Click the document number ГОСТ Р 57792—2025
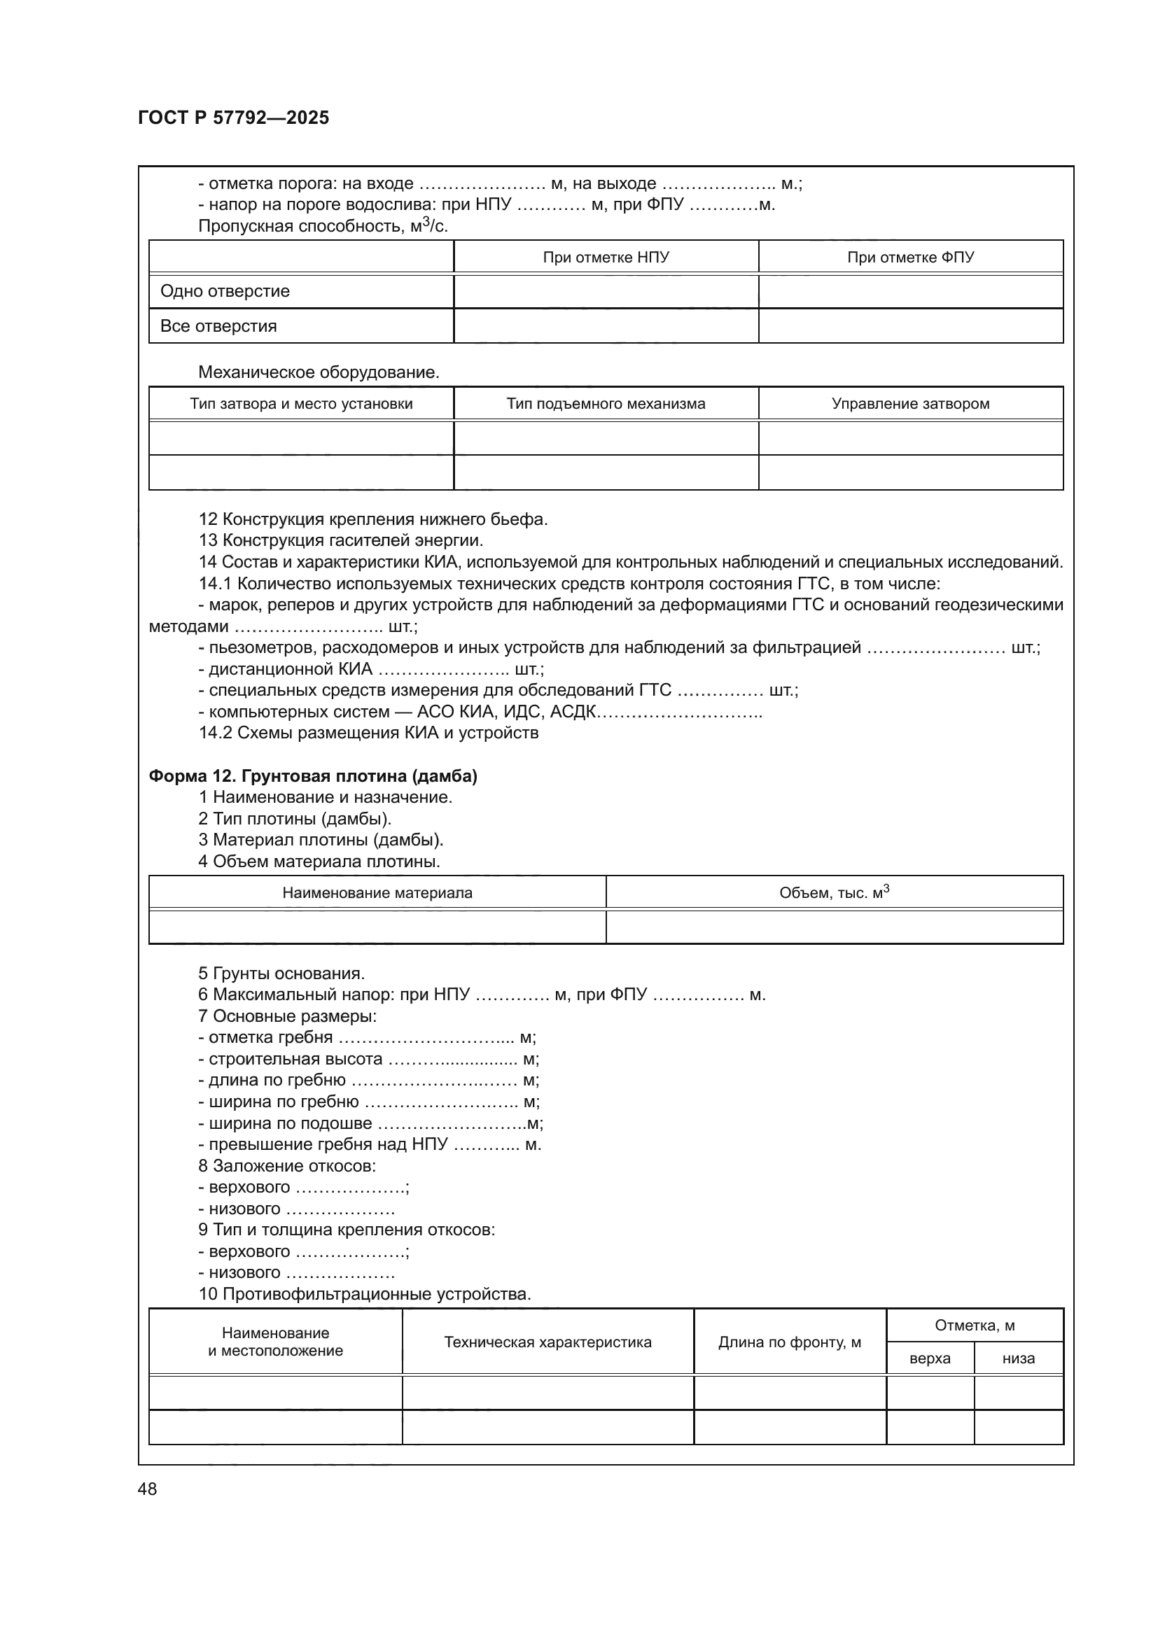pos(233,118)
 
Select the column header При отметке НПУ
pos(606,258)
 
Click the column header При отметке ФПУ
pos(910,258)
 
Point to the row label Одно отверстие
pos(225,291)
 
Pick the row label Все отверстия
pos(218,326)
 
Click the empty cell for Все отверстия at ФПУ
pos(910,326)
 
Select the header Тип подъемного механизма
pos(606,404)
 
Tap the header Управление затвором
pos(910,404)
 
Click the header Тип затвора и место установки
pos(301,404)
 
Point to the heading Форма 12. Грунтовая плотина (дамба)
pos(312,775)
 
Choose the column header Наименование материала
pos(377,892)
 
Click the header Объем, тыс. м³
pos(834,892)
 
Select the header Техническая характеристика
pos(547,1342)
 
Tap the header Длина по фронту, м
pos(789,1342)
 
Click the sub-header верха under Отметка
pos(929,1358)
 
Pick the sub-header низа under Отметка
pos(1017,1358)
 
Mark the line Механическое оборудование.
pos(319,372)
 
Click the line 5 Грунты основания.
pos(281,974)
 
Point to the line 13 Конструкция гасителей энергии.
pos(341,540)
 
